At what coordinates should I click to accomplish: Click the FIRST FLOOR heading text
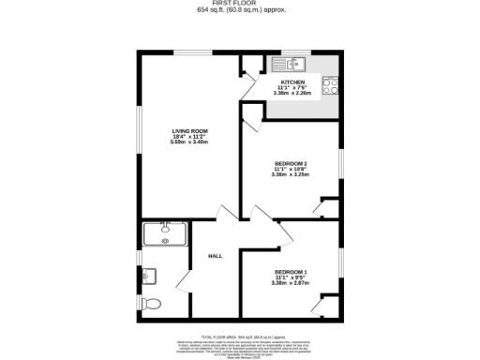(241, 4)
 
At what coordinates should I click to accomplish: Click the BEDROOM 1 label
(290, 273)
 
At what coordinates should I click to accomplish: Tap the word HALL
(215, 255)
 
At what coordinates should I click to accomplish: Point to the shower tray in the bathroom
(164, 232)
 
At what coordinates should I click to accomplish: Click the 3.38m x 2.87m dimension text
(290, 283)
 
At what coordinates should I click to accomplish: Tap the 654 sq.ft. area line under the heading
(241, 11)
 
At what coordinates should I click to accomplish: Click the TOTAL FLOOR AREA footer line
(241, 336)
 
